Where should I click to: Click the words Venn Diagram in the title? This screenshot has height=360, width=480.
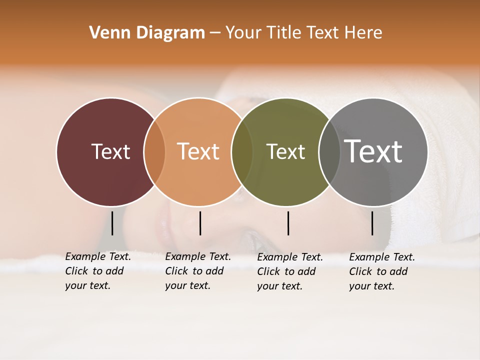pyautogui.click(x=147, y=33)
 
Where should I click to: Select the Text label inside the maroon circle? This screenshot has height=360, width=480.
pyautogui.click(x=110, y=151)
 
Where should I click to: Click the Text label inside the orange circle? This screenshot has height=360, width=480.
pyautogui.click(x=198, y=151)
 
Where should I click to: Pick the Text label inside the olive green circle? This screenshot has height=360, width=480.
pyautogui.click(x=285, y=151)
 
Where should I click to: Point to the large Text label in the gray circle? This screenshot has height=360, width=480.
pyautogui.click(x=373, y=151)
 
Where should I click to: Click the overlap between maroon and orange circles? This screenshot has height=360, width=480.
pyautogui.click(x=154, y=151)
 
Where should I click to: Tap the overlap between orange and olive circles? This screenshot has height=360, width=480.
pyautogui.click(x=242, y=151)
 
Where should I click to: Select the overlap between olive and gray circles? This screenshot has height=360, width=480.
pyautogui.click(x=329, y=151)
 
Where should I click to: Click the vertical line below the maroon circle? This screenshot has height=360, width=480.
pyautogui.click(x=112, y=223)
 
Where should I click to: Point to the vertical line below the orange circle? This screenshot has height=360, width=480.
pyautogui.click(x=200, y=223)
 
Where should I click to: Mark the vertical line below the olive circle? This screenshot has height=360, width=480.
pyautogui.click(x=288, y=223)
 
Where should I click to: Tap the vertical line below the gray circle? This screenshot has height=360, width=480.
pyautogui.click(x=372, y=223)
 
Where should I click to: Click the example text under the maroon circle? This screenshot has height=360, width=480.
pyautogui.click(x=97, y=271)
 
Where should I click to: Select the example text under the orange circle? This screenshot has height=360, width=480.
pyautogui.click(x=197, y=271)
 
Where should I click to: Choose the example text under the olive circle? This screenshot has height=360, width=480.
pyautogui.click(x=289, y=271)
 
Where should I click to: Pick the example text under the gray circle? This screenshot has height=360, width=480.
pyautogui.click(x=381, y=271)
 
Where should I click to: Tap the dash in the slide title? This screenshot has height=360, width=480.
pyautogui.click(x=215, y=33)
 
